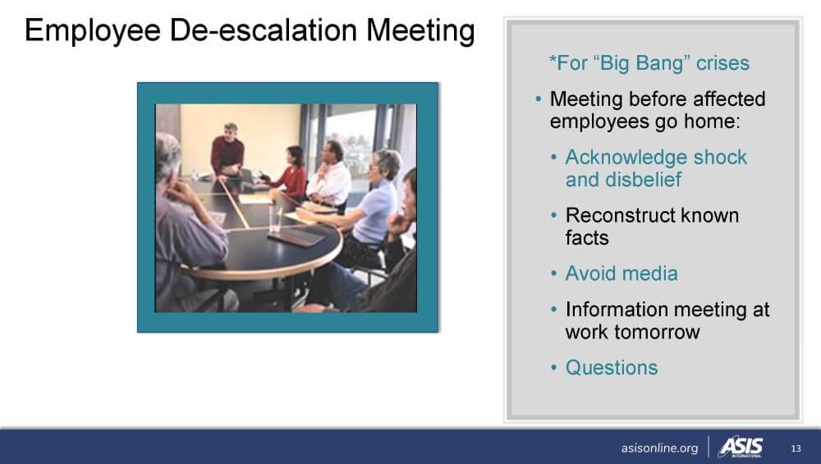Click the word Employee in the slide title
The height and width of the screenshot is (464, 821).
[x=93, y=31]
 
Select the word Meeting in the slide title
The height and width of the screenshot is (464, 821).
[x=420, y=31]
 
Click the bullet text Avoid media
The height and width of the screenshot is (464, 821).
[x=621, y=273]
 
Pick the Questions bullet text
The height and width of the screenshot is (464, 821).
[x=612, y=368]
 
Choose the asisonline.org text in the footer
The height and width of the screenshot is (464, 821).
[x=659, y=448]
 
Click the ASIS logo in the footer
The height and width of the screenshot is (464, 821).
[x=741, y=448]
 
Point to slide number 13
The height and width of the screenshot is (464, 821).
[x=796, y=448]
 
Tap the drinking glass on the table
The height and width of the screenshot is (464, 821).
[x=275, y=219]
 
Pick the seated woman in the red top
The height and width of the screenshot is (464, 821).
[x=290, y=172]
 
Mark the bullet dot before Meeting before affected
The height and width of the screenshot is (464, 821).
[x=539, y=99]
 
